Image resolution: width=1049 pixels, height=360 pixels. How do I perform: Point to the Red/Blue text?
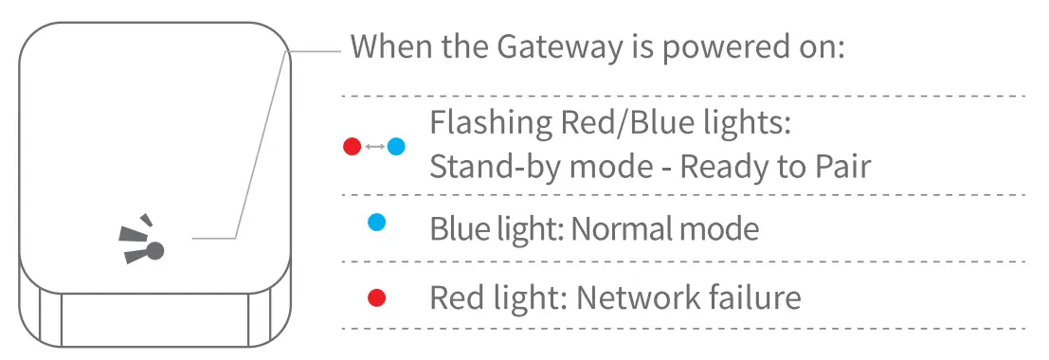pyautogui.click(x=625, y=123)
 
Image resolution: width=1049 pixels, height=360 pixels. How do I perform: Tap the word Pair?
pyautogui.click(x=841, y=168)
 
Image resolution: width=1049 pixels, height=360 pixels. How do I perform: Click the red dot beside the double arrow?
pyautogui.click(x=353, y=147)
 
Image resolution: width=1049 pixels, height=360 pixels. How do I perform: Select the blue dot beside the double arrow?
pyautogui.click(x=396, y=147)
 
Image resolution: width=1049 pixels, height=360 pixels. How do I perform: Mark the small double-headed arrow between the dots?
pyautogui.click(x=374, y=147)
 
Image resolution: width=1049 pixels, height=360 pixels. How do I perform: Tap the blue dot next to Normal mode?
pyautogui.click(x=377, y=223)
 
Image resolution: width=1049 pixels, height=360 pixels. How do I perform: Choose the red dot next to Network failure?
pyautogui.click(x=377, y=298)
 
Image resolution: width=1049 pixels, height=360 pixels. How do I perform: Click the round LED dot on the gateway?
pyautogui.click(x=155, y=250)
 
